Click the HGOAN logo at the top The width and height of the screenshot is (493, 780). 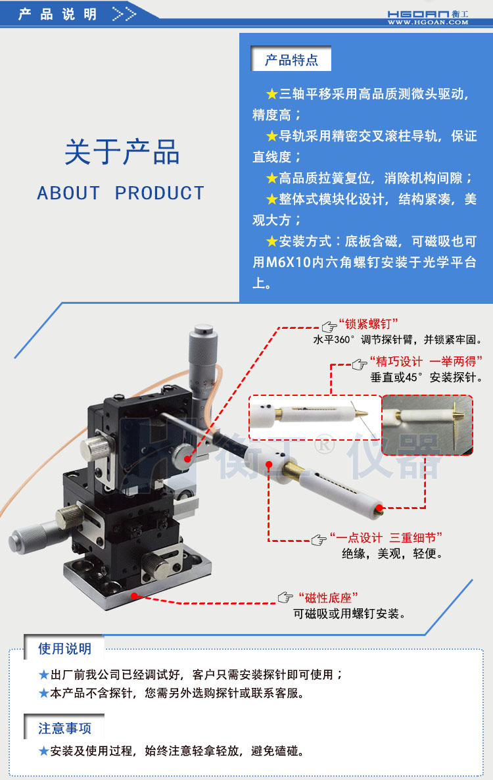click(427, 13)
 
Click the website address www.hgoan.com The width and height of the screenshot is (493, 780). click(427, 22)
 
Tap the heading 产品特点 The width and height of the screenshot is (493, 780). click(291, 61)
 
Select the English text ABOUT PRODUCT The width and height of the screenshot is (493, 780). click(121, 193)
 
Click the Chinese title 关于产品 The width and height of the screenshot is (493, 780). click(122, 153)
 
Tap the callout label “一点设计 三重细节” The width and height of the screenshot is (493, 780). click(386, 538)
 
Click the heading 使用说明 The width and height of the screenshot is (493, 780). click(64, 648)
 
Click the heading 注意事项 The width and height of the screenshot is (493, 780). click(64, 728)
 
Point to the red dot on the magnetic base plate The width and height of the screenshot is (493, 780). click(134, 596)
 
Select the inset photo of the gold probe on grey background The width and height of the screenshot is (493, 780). click(427, 425)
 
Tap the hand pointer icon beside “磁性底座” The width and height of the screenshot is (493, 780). click(285, 597)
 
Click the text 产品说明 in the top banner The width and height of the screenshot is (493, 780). click(57, 14)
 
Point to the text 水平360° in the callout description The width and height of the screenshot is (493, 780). click(333, 340)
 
